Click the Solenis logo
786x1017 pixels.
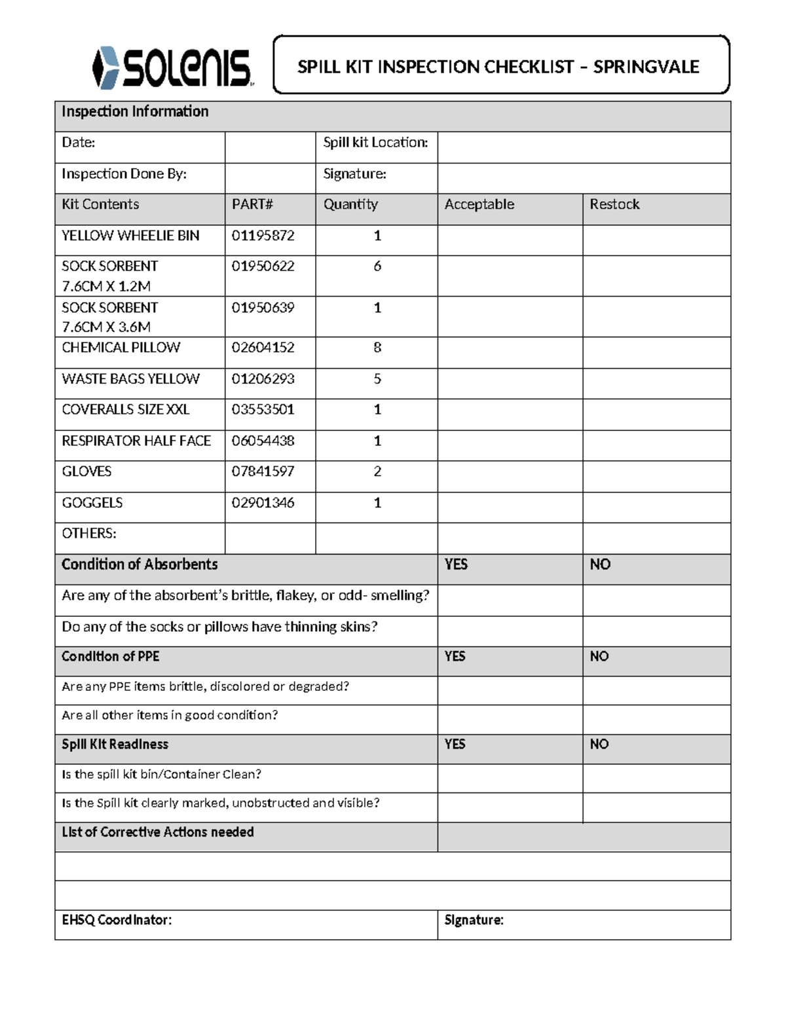coord(172,67)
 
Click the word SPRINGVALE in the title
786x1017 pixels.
coord(646,67)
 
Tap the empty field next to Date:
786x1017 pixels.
coord(270,147)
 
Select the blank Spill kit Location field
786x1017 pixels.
coord(584,147)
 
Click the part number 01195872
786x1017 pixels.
coord(263,236)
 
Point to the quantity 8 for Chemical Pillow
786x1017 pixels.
coord(377,348)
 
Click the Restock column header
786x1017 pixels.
coord(614,204)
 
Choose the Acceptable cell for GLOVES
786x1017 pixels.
coord(510,476)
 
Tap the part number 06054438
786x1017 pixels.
coord(263,441)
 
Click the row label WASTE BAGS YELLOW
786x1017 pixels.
coord(130,379)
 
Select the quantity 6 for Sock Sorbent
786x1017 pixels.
coord(377,267)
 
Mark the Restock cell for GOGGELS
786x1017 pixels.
coord(656,507)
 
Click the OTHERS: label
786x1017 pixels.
coord(89,534)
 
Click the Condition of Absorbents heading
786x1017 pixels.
coord(140,564)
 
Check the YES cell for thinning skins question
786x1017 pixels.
coord(510,631)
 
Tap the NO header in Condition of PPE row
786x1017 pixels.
coord(599,657)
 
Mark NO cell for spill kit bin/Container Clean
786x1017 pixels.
coord(656,778)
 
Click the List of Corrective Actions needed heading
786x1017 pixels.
coord(158,832)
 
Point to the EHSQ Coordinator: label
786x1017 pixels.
coord(117,920)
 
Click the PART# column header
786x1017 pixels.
coord(252,204)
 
